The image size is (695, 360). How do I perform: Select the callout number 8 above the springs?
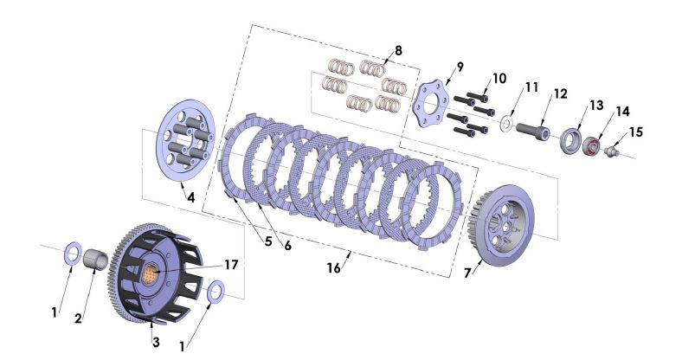coord(397,50)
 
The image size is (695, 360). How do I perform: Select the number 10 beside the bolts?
coord(499,79)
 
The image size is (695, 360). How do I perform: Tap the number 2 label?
coord(78,318)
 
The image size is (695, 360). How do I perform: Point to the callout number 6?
coord(286,246)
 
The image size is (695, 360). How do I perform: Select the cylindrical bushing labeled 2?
coord(102,260)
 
